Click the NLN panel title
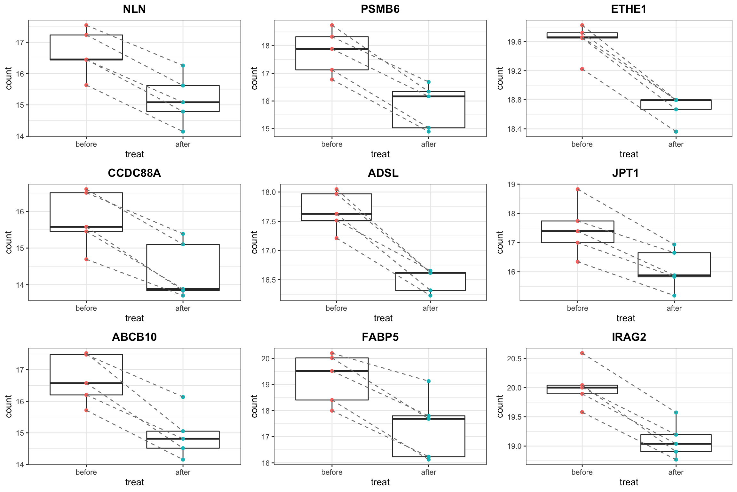point(134,9)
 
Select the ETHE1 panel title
point(629,9)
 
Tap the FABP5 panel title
point(380,337)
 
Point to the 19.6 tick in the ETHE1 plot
point(514,42)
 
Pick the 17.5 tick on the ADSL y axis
point(268,222)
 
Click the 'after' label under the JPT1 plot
point(674,308)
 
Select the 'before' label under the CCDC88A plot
point(86,308)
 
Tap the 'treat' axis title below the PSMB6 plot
point(380,154)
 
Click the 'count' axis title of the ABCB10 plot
point(9,406)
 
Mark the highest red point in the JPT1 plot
point(578,189)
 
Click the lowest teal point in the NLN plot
point(183,132)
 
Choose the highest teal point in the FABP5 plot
point(429,381)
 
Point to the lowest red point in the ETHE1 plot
point(582,69)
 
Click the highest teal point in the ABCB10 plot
point(183,397)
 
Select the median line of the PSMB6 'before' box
point(332,49)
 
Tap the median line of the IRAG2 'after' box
point(676,444)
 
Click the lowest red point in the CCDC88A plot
point(86,259)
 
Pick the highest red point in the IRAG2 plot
point(582,353)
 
